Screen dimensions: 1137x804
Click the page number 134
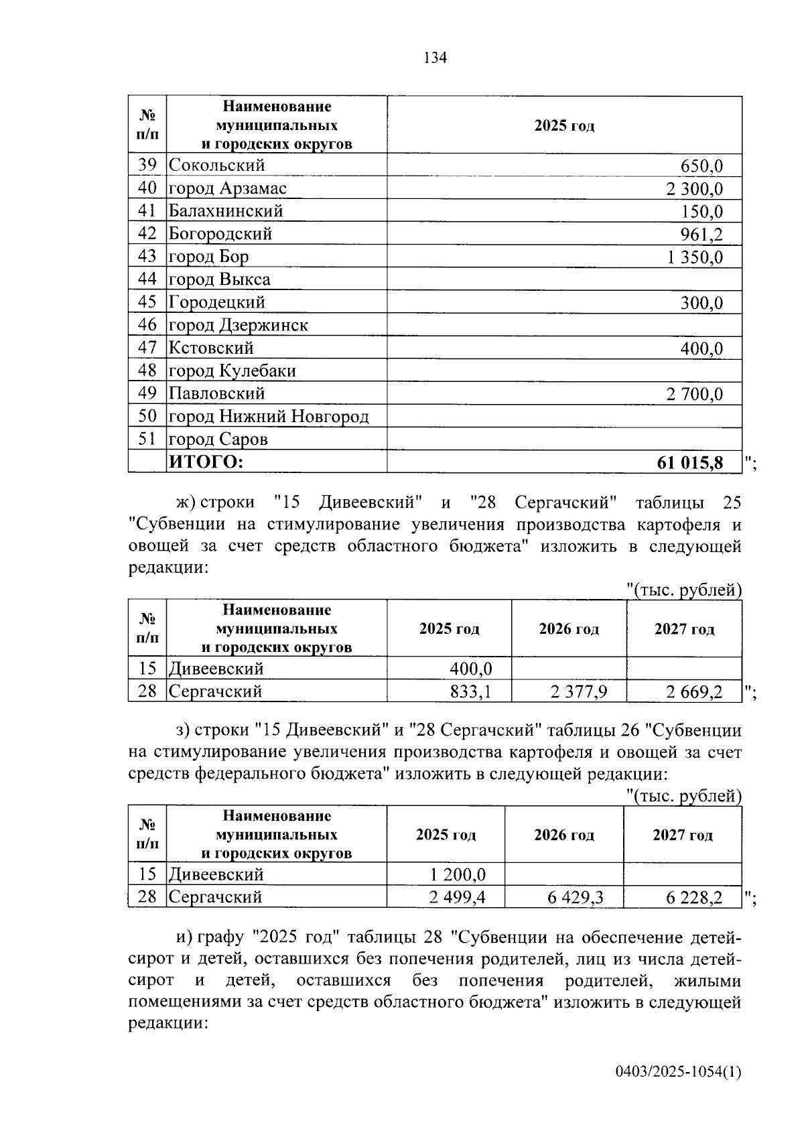tap(435, 58)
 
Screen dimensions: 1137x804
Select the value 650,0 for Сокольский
tap(701, 165)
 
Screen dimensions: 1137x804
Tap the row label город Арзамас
tap(227, 188)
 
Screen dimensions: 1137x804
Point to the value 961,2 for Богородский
tap(701, 234)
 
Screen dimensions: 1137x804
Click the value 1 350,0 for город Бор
tap(695, 257)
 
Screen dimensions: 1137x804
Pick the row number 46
tap(147, 325)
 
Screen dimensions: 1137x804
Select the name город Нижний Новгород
tap(269, 417)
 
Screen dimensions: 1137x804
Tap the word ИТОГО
tap(206, 462)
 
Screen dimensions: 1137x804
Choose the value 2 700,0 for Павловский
tap(695, 394)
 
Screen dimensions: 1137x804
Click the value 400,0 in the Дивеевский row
tap(471, 669)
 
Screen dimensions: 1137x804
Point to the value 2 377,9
tap(579, 691)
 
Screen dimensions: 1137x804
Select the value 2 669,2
tap(694, 691)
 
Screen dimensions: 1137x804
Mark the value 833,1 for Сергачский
tap(471, 691)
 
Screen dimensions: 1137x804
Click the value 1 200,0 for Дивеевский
tap(458, 874)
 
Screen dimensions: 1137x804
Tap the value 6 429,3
tap(575, 897)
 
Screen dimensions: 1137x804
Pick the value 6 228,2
tap(694, 897)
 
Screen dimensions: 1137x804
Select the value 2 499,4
tap(458, 897)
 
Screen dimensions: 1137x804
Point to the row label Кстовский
tap(211, 348)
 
